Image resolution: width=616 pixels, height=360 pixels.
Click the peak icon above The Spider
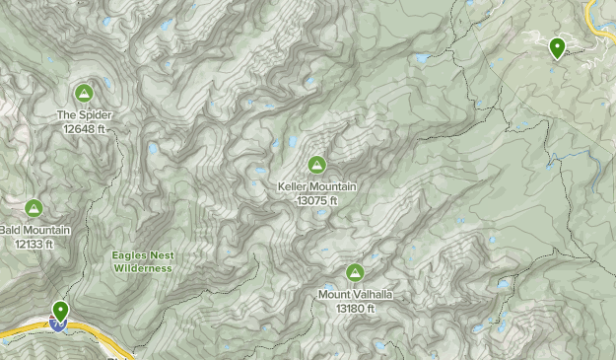[84, 94]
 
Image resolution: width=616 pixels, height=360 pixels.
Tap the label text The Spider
[84, 115]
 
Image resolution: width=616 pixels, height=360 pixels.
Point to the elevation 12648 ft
[84, 128]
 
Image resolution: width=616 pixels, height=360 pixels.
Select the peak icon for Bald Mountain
[34, 208]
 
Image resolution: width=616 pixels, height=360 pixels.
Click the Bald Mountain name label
[35, 231]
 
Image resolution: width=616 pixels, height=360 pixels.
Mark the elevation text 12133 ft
[34, 244]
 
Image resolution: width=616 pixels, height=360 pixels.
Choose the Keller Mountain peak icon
[316, 165]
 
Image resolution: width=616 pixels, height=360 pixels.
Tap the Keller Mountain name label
[316, 187]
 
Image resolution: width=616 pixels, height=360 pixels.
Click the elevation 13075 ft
[316, 200]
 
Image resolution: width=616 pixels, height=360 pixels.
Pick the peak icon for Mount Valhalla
[355, 272]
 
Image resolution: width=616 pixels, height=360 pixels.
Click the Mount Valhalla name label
[355, 294]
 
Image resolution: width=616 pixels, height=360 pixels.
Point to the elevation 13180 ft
[355, 308]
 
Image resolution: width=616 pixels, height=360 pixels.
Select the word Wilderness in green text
[143, 267]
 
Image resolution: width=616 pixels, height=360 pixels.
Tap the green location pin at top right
[557, 46]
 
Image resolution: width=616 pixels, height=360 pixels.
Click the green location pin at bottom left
[61, 311]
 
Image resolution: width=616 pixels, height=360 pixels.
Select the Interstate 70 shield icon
[58, 324]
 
